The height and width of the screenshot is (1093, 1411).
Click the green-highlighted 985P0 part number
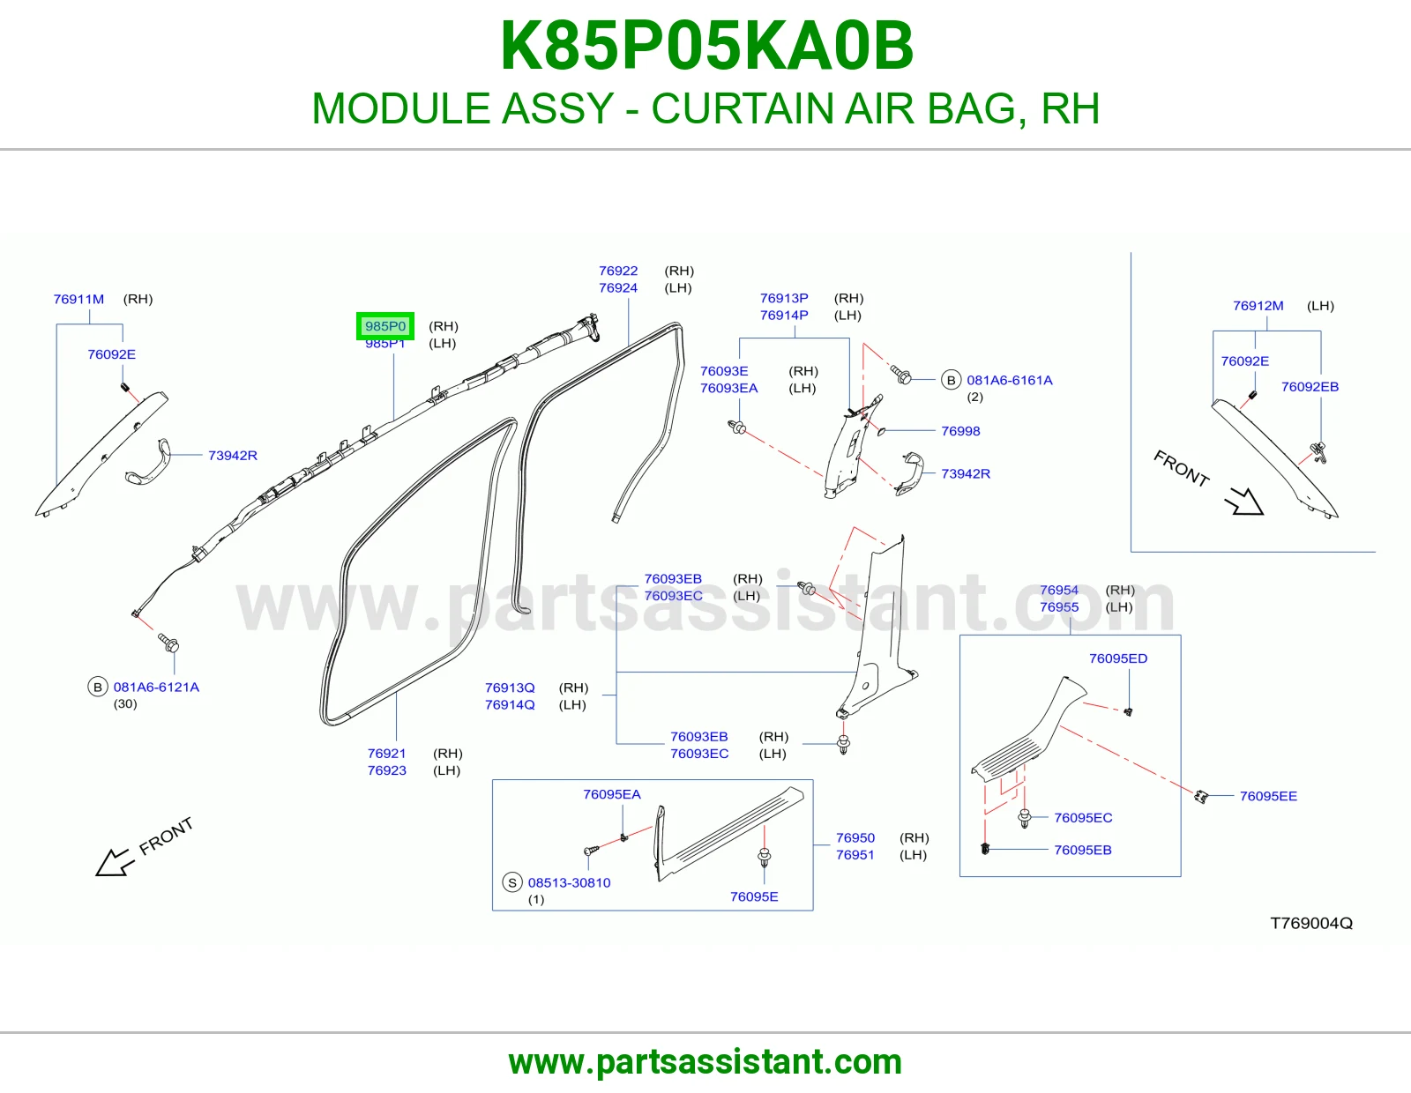point(385,326)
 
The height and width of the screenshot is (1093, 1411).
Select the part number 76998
point(960,431)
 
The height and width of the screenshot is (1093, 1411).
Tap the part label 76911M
point(78,299)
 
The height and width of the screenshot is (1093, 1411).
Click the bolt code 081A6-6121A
point(156,687)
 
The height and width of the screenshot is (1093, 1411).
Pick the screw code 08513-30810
point(570,882)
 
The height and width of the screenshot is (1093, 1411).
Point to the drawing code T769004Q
point(1311,923)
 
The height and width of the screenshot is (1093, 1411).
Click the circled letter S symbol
point(512,882)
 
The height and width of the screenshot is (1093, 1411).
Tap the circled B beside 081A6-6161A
point(952,380)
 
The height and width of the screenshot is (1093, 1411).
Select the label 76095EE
point(1268,796)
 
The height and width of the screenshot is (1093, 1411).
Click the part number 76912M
point(1258,306)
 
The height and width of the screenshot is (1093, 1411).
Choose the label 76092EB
point(1310,387)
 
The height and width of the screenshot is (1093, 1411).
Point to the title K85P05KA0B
point(706,46)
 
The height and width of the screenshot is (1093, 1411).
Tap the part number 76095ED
point(1118,658)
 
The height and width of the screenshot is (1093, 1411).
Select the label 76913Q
point(510,688)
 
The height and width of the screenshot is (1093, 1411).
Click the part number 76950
point(855,838)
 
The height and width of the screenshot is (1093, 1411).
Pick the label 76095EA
point(612,794)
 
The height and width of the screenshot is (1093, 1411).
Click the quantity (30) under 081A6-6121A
point(125,703)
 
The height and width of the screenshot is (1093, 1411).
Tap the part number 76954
point(1059,590)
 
